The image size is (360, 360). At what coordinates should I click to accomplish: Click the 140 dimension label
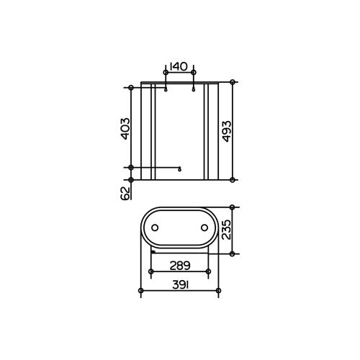178,66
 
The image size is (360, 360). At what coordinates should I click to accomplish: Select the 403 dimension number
125,128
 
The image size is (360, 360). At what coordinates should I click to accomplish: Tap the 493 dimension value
227,131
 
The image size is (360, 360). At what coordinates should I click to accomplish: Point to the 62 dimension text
125,194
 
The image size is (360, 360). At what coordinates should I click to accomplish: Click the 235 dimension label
226,230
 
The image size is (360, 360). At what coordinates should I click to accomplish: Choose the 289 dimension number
180,266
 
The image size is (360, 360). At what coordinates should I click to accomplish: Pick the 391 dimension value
180,285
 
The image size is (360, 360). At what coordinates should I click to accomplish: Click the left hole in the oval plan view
155,228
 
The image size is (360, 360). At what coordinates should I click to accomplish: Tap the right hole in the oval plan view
204,228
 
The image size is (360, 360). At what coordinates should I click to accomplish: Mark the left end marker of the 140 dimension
166,73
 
